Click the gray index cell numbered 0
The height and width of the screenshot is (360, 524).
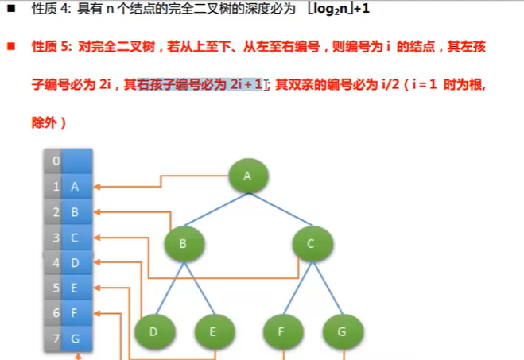(x=55, y=161)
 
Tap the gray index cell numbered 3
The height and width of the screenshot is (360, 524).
(x=55, y=237)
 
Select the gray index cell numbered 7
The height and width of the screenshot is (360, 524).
(x=55, y=339)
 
